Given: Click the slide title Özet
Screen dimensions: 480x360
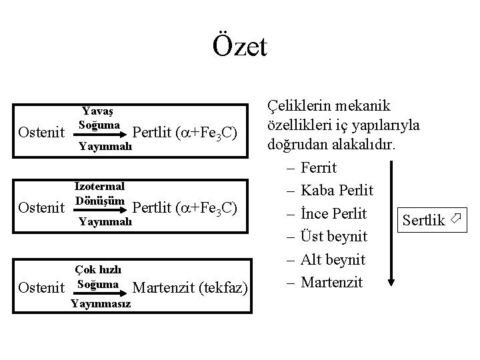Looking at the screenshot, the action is coord(240,46).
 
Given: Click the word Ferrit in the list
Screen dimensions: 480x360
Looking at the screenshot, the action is coord(319,167).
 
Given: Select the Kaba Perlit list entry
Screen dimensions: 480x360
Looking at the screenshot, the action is coord(336,191).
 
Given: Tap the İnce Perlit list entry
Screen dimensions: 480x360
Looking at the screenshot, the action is coord(333,213).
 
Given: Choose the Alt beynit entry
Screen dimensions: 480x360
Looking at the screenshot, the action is coord(333,259).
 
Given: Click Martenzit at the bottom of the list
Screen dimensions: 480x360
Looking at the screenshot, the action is coord(331,282).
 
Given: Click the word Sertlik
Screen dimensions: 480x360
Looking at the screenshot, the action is coord(423,221).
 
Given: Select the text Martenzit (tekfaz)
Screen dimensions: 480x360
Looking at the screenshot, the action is coord(191,288).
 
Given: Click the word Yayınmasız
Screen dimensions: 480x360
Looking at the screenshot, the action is coord(100,305).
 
